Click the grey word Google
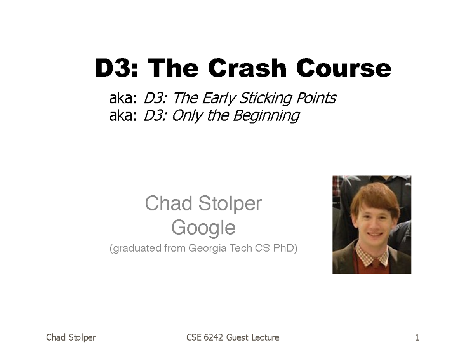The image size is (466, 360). click(203, 228)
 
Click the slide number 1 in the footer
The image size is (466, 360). click(417, 337)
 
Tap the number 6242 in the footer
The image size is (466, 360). click(214, 337)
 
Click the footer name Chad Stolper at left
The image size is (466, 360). click(71, 337)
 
